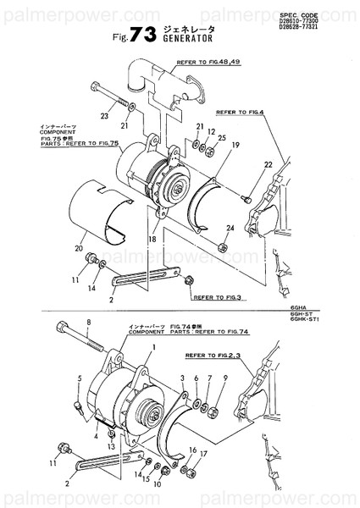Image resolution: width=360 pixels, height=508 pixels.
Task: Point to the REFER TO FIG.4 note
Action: point(241,111)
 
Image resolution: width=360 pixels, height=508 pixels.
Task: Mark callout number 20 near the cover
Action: point(79,249)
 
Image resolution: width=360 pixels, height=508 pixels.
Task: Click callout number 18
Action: point(154,240)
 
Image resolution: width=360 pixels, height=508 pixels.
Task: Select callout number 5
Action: point(80,378)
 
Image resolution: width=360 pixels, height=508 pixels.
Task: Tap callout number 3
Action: point(182,378)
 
